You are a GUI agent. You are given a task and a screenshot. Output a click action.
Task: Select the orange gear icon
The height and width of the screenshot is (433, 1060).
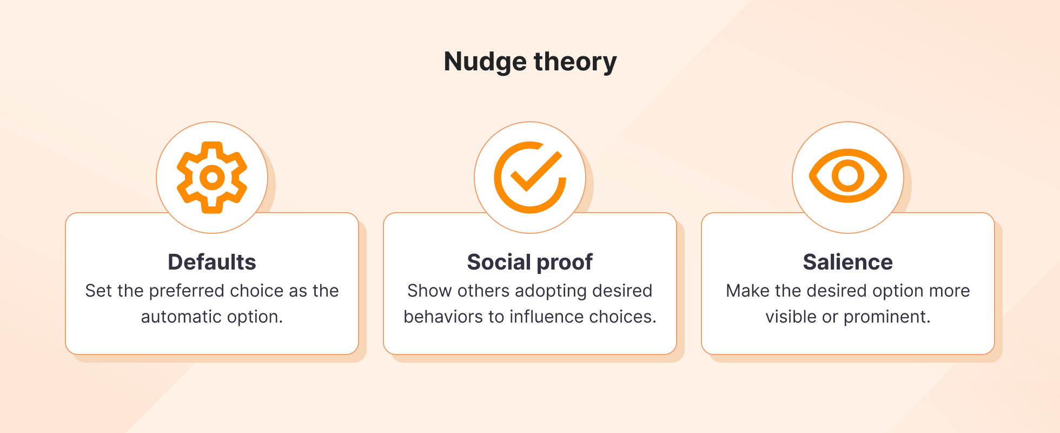pyautogui.click(x=212, y=178)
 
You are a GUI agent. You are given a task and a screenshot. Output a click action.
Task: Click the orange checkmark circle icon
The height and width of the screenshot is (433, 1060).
pyautogui.click(x=529, y=178)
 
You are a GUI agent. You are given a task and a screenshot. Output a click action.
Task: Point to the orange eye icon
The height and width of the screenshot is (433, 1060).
pyautogui.click(x=847, y=176)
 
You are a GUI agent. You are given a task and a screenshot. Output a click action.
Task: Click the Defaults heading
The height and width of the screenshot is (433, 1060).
pyautogui.click(x=212, y=262)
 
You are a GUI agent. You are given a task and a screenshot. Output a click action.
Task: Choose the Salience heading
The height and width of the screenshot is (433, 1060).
pyautogui.click(x=847, y=262)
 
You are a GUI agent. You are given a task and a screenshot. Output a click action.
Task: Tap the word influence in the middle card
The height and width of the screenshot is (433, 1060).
pyautogui.click(x=547, y=317)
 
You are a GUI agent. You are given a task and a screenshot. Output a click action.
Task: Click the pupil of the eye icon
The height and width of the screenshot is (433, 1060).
pyautogui.click(x=847, y=176)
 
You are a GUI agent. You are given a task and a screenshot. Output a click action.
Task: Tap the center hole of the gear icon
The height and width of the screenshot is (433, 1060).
pyautogui.click(x=212, y=178)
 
